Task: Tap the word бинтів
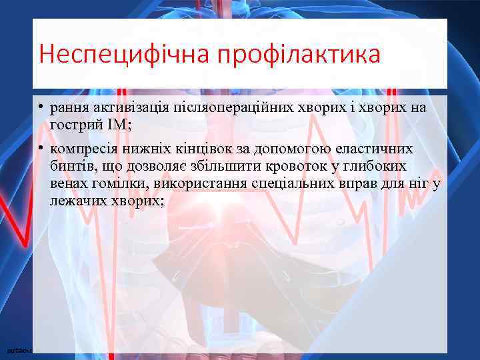tap(72, 166)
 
